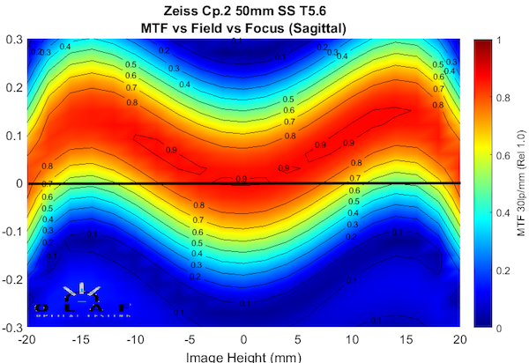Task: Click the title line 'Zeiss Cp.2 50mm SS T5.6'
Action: [x=242, y=11]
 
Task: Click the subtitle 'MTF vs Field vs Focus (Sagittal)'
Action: [x=242, y=27]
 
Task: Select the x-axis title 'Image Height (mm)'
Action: [x=243, y=356]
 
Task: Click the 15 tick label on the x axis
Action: [x=406, y=338]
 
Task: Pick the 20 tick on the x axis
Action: [x=458, y=338]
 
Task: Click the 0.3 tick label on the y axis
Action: [x=14, y=41]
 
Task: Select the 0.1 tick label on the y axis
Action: [x=14, y=136]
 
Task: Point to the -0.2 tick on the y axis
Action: [x=12, y=279]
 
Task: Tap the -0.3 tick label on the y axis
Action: [x=12, y=327]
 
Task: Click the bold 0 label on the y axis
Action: [x=19, y=183]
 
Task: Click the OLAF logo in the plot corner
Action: [x=81, y=300]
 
